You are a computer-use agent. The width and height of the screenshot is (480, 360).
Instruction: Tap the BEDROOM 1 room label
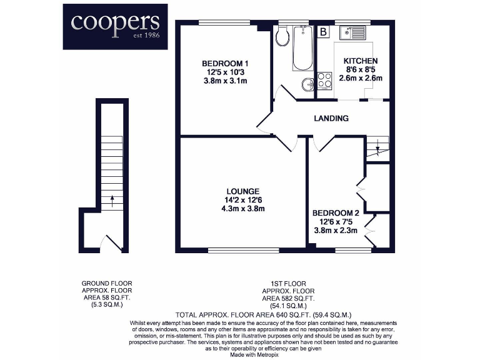(225, 63)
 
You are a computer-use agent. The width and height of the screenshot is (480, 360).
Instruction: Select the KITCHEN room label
(361, 61)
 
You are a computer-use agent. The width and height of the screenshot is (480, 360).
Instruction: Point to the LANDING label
(331, 118)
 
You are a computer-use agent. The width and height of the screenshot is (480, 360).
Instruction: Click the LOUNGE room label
(243, 191)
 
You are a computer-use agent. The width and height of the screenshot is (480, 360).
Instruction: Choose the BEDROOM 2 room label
(336, 213)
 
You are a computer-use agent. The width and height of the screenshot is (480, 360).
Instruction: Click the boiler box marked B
(323, 31)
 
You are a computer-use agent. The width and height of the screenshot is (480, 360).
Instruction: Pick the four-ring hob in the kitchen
(325, 80)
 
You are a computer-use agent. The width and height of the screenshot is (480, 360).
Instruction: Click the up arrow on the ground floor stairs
(112, 201)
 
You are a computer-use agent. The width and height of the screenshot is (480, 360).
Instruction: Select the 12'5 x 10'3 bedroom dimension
(225, 72)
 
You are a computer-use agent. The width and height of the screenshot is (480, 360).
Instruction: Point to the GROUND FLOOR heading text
(107, 283)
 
